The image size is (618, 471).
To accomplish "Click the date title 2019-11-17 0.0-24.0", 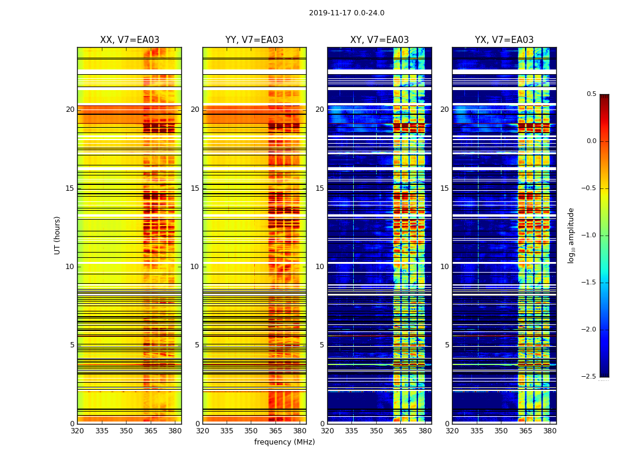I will pyautogui.click(x=347, y=13).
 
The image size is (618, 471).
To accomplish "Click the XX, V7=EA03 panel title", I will pyautogui.click(x=129, y=40).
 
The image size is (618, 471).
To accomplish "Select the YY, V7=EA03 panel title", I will pyautogui.click(x=254, y=40).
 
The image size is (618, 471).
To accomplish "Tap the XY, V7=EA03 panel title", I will pyautogui.click(x=380, y=40).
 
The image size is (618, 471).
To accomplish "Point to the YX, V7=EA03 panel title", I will pyautogui.click(x=504, y=40).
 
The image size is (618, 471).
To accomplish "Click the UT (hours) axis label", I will pyautogui.click(x=58, y=235).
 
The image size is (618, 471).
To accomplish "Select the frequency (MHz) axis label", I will pyautogui.click(x=284, y=442).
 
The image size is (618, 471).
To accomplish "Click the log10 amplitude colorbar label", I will pyautogui.click(x=572, y=235).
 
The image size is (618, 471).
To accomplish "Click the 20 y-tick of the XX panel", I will pyautogui.click(x=70, y=110).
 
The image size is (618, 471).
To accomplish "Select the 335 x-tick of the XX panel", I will pyautogui.click(x=102, y=431).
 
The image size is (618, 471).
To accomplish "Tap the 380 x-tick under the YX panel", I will pyautogui.click(x=550, y=431).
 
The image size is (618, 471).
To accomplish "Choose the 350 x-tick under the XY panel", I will pyautogui.click(x=376, y=431).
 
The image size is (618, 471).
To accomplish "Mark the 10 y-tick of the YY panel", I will pyautogui.click(x=195, y=267).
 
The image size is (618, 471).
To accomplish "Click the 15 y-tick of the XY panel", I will pyautogui.click(x=320, y=188).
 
